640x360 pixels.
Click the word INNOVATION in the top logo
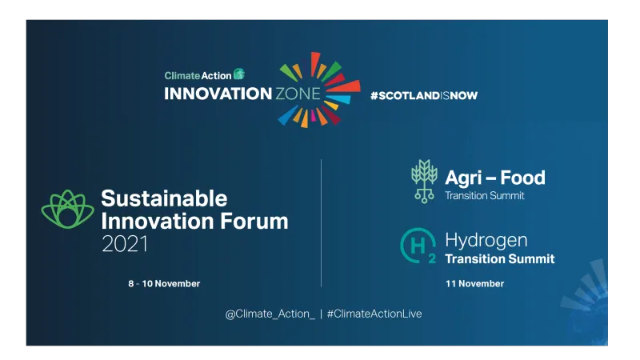point(218,94)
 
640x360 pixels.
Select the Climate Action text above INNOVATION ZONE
point(198,75)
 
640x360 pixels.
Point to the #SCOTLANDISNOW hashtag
point(423,95)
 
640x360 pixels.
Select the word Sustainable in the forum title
point(164,198)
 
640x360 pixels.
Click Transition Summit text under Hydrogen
point(499,259)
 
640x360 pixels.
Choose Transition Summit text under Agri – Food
point(485,196)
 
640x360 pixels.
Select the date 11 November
point(474,284)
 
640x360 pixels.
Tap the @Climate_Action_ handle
point(270,314)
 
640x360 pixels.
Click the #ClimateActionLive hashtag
point(374,314)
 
